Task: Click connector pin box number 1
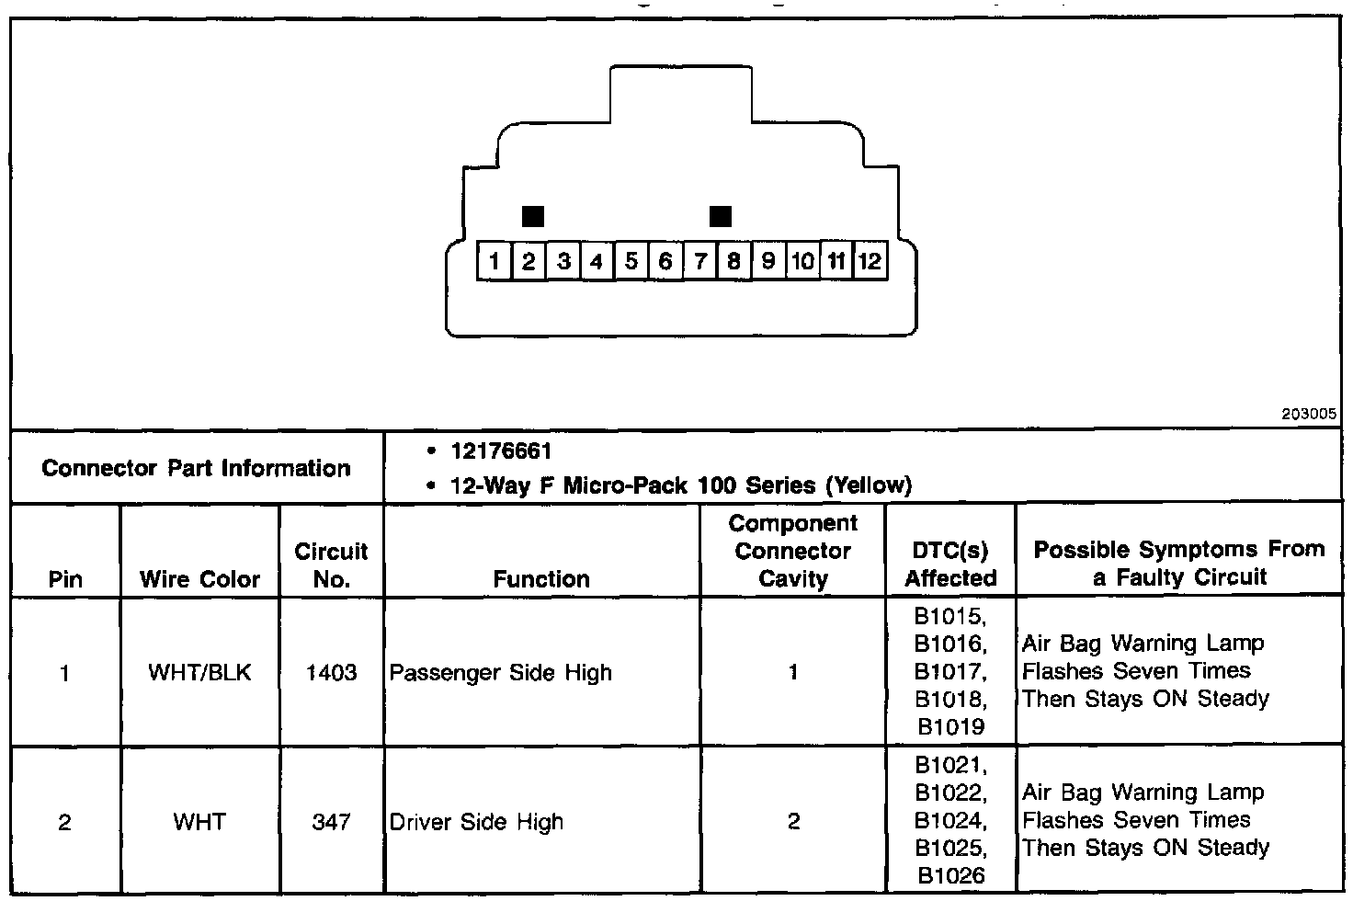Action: pyautogui.click(x=495, y=261)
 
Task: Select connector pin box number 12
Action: pyautogui.click(x=870, y=261)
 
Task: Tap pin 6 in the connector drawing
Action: pyautogui.click(x=665, y=261)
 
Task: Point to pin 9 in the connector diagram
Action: pyautogui.click(x=767, y=261)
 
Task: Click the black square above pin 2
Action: pyautogui.click(x=532, y=216)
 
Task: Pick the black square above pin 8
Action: pyautogui.click(x=721, y=216)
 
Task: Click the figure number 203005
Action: pyautogui.click(x=1310, y=415)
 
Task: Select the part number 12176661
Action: pyautogui.click(x=501, y=451)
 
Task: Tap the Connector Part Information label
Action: pyautogui.click(x=196, y=468)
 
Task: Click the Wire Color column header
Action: pyautogui.click(x=199, y=579)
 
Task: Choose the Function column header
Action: pyautogui.click(x=541, y=578)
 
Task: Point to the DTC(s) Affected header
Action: pyautogui.click(x=950, y=564)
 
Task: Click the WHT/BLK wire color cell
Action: pyautogui.click(x=199, y=672)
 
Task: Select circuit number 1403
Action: pyautogui.click(x=331, y=672)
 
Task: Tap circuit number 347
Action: pyautogui.click(x=331, y=821)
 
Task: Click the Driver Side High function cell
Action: pyautogui.click(x=476, y=821)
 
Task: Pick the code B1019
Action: pyautogui.click(x=950, y=727)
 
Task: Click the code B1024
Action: pyautogui.click(x=950, y=820)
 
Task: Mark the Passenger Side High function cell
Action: pyautogui.click(x=500, y=672)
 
